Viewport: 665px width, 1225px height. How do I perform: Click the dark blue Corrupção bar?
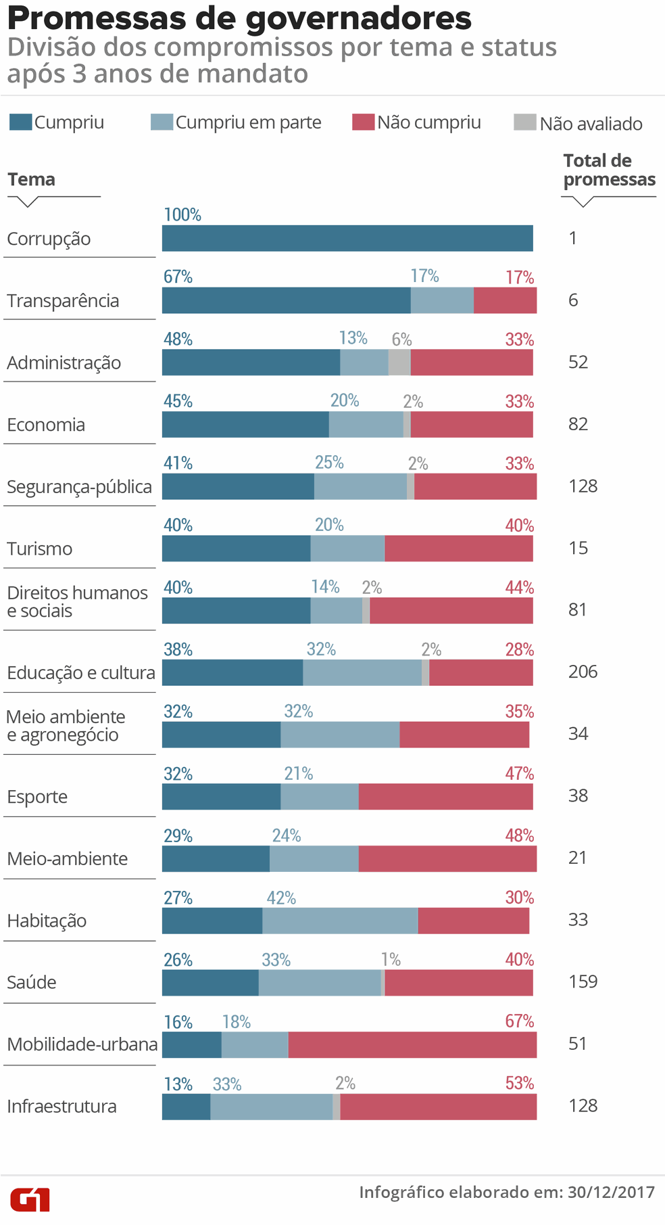[x=347, y=238]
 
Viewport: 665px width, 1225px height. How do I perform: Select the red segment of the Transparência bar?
[x=505, y=300]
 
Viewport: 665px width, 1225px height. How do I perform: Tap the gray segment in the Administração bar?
[x=399, y=363]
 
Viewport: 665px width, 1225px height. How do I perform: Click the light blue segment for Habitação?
[x=340, y=921]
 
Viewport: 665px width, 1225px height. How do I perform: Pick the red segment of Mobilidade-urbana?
[x=412, y=1044]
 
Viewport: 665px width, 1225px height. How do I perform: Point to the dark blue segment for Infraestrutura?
[x=186, y=1107]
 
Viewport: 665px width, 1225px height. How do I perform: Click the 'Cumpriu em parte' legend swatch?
[x=162, y=122]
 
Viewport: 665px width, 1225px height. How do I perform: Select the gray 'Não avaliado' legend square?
[x=524, y=122]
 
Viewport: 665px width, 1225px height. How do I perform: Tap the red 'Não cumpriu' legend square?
[x=363, y=122]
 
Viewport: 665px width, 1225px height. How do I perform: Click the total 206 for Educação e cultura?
[x=583, y=672]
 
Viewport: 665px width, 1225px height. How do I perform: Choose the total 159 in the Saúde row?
[x=583, y=981]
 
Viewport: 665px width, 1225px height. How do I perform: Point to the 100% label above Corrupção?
[x=182, y=215]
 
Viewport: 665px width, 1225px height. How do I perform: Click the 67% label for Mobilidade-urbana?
[x=519, y=1021]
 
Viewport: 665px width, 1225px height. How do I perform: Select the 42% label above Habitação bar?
[x=281, y=898]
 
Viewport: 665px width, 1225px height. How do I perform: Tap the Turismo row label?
[x=40, y=549]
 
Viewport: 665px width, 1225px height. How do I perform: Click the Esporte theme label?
[x=37, y=797]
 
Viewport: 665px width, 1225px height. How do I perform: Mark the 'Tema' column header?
[x=32, y=180]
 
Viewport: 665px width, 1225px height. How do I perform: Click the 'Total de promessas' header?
[x=609, y=170]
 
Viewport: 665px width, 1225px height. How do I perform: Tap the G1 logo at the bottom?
[x=30, y=1200]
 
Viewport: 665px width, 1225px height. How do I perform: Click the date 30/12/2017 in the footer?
[x=611, y=1193]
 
